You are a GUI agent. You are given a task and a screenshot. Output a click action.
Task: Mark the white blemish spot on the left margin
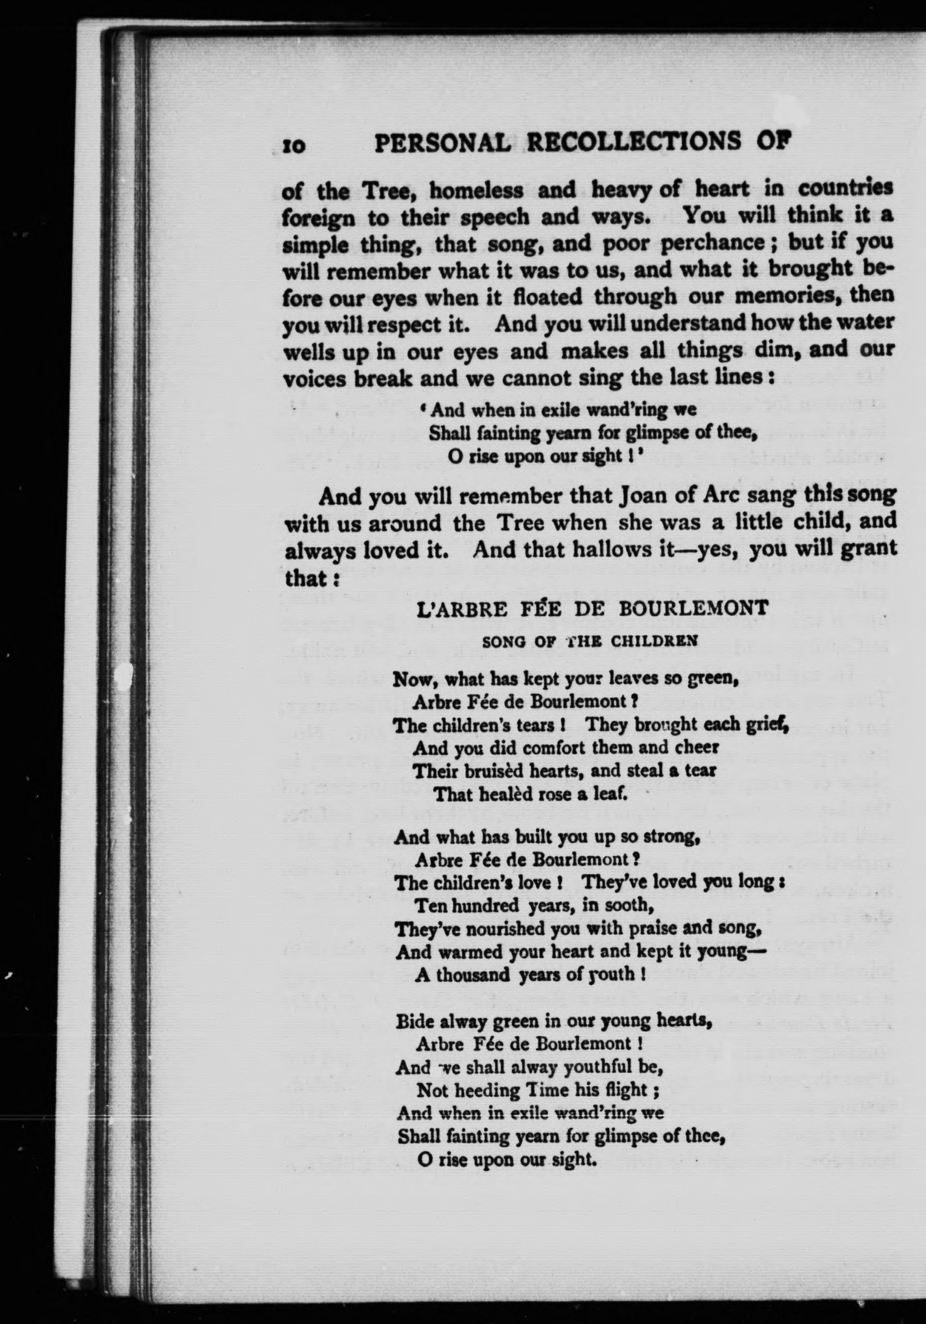(x=123, y=675)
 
